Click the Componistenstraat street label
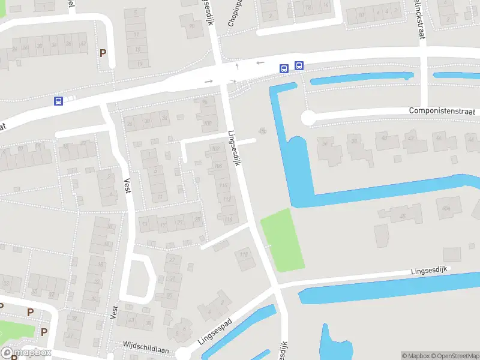pyautogui.click(x=443, y=111)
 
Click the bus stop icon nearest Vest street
pyautogui.click(x=58, y=101)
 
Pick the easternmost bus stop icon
pyautogui.click(x=299, y=67)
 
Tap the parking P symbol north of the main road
pyautogui.click(x=103, y=53)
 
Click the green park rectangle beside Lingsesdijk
pyautogui.click(x=282, y=239)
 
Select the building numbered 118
pyautogui.click(x=244, y=255)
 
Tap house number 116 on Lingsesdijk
pyautogui.click(x=229, y=220)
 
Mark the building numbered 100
pyautogui.click(x=208, y=124)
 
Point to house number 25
pyautogui.click(x=197, y=219)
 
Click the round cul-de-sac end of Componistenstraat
pyautogui.click(x=308, y=118)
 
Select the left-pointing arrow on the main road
pyautogui.click(x=260, y=62)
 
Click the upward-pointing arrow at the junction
pyautogui.click(x=237, y=65)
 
